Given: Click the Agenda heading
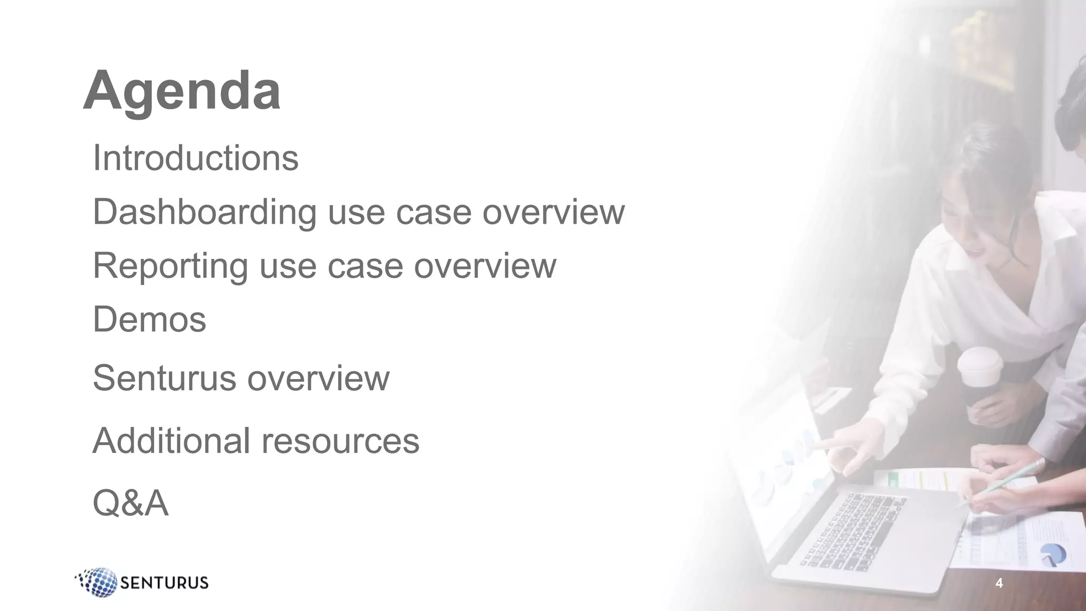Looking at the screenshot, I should point(182,91).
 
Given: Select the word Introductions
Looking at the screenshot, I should point(196,158).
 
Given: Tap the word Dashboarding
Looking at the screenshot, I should point(204,212).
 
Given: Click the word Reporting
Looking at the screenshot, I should point(170,266).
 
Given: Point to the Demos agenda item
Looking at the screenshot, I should point(150,320).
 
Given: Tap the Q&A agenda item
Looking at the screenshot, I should point(130,503).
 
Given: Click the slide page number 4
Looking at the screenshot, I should point(999,583).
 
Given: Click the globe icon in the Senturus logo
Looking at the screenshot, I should point(99,582).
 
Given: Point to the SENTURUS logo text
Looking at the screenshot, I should point(164,583).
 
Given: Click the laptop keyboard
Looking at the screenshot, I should point(854,530).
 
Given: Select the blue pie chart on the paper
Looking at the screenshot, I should point(1052,555).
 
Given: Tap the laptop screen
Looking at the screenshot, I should point(785,467).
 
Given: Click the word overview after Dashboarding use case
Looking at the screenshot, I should point(553,212).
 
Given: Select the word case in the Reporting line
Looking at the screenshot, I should point(365,266).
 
